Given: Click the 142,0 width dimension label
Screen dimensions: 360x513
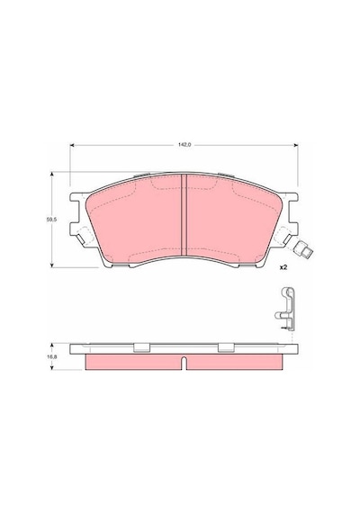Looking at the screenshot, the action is tap(184, 145).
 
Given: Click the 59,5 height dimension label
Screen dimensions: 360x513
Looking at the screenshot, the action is tap(51, 220).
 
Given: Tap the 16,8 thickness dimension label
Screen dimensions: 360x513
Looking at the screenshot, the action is tap(51, 357).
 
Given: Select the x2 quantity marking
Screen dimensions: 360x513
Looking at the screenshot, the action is tap(283, 267).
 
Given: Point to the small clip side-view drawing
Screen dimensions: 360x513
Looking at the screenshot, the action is tap(285, 310).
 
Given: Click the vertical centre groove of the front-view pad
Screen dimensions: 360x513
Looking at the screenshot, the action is tap(184, 215).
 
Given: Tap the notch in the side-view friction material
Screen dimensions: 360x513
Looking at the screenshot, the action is tap(184, 364).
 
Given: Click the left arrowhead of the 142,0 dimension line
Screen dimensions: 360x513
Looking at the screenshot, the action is tap(73, 145).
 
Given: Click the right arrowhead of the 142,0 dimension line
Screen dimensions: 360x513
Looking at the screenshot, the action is tap(295, 145).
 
